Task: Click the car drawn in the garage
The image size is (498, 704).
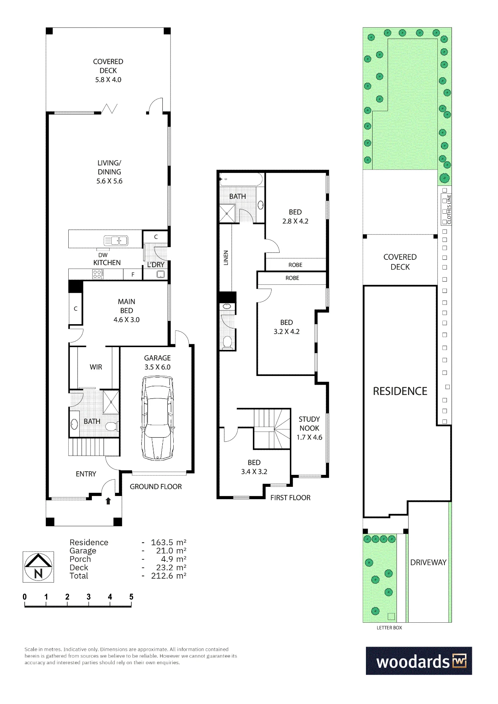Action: click(157, 418)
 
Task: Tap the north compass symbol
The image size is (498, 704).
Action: click(38, 567)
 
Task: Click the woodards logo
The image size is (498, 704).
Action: click(419, 661)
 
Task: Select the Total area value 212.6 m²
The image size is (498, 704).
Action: click(169, 576)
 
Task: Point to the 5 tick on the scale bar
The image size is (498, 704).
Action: click(131, 605)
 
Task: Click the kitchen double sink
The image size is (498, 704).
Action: click(116, 241)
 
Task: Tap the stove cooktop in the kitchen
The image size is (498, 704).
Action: click(98, 274)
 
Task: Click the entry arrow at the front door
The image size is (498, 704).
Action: click(108, 501)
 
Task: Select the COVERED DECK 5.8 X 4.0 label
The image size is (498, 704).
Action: click(108, 70)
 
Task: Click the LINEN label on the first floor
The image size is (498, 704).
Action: click(226, 258)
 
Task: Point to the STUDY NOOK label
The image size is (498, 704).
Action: click(309, 428)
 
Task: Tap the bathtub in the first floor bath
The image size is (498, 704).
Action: click(241, 180)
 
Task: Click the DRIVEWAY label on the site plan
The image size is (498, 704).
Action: click(428, 562)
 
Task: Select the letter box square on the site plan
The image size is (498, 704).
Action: click(391, 616)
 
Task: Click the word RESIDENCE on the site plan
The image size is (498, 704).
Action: click(400, 391)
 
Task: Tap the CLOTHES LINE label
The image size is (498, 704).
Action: click(449, 209)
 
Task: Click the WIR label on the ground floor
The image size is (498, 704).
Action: click(96, 367)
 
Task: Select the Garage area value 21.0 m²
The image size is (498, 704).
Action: click(171, 551)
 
